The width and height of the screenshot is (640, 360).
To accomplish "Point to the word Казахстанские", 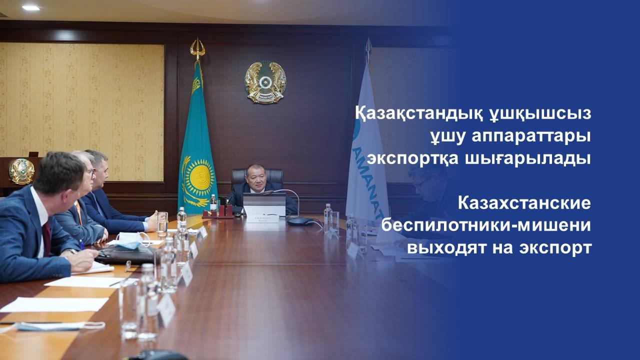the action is pos(524,203).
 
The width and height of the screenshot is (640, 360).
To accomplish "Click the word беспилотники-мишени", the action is pos(486,225).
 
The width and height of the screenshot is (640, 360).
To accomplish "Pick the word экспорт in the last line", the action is pos(555,248).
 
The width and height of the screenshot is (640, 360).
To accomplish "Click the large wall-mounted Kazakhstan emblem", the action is pos(265,82).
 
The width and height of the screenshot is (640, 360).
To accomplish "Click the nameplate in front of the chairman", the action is pos(262,219).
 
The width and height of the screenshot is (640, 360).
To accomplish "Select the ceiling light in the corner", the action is pos(31,7).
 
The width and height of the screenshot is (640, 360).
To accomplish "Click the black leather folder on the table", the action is pos(125,254).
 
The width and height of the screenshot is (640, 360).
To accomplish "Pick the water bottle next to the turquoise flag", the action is pos(213,202).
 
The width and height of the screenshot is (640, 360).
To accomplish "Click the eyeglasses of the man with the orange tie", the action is pos(91,172).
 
